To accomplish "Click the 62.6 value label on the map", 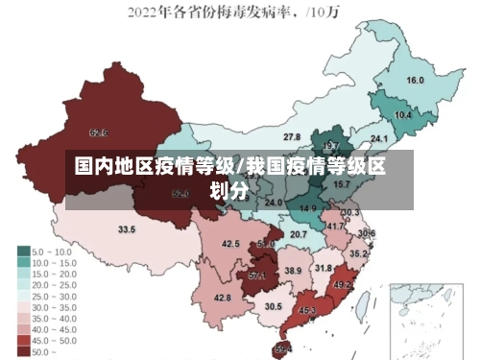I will point(98,132).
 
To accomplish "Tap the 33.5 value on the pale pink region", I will point(126,230).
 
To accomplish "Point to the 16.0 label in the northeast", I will point(415,80).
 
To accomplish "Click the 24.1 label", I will point(378,138).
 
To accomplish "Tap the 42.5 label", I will point(230,244).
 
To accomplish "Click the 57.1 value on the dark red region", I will point(256,276).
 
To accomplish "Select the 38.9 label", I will point(293,271).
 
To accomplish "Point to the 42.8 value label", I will point(222,299).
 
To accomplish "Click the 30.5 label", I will point(274,306).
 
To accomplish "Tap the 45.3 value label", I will point(307,311).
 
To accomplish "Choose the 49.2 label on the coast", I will point(343,285).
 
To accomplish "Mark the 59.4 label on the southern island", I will point(283,348).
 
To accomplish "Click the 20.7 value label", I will point(299,234).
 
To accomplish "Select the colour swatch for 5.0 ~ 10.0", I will point(22,251).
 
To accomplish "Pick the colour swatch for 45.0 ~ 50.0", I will point(22,340).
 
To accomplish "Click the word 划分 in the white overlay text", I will point(230,190).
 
